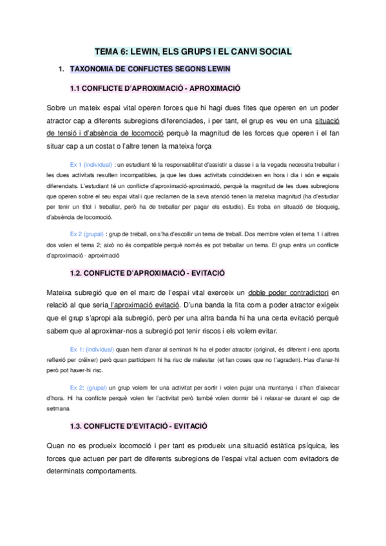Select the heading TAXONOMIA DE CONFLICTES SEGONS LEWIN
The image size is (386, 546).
pos(150,68)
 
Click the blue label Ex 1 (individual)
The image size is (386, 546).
pos(90,164)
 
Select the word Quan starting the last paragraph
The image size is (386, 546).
pos(58,445)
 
